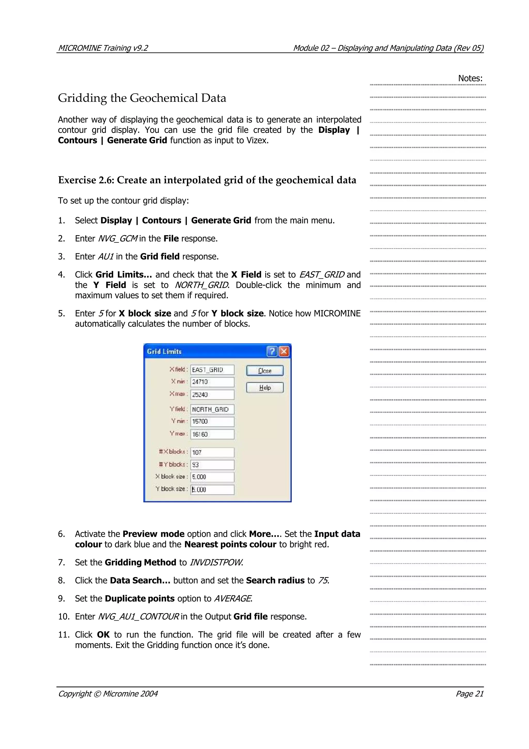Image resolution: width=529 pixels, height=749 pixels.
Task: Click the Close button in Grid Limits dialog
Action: pos(265,371)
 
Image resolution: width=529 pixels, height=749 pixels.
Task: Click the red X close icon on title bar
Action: pos(284,351)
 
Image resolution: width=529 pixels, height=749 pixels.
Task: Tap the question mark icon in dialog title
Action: pos(272,351)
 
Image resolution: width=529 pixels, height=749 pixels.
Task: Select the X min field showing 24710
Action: pos(212,382)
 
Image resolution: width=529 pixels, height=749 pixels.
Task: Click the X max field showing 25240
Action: pos(212,395)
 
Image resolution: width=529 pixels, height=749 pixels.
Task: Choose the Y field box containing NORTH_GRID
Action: pos(212,409)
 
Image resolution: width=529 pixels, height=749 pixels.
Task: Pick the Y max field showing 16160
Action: pos(212,434)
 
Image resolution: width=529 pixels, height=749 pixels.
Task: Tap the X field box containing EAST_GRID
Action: pos(212,370)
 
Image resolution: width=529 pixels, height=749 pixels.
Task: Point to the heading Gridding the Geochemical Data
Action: pos(142,98)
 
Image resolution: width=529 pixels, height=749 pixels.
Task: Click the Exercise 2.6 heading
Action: pos(207,180)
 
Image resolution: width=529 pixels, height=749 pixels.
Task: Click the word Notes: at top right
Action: pos(470,78)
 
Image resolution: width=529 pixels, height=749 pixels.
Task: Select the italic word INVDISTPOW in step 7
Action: pos(216,562)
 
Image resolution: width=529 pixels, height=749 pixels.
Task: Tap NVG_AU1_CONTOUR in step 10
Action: pos(138,617)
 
